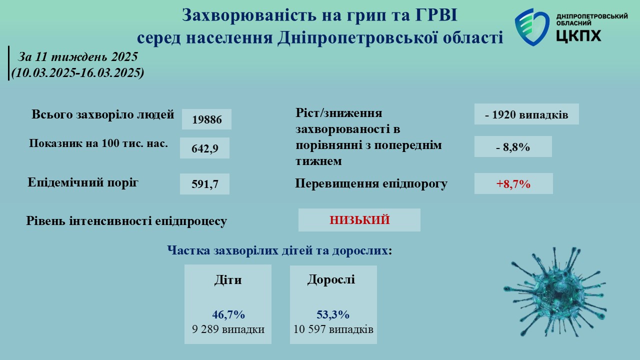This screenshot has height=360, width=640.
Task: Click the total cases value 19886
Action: (x=207, y=119)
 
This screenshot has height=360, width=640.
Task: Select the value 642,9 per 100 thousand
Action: (x=205, y=148)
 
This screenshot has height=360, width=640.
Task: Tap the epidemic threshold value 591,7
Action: (x=205, y=184)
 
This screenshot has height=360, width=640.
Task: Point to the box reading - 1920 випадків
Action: (x=526, y=114)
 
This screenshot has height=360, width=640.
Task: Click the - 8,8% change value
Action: (x=513, y=147)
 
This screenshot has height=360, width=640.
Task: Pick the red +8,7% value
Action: (x=513, y=183)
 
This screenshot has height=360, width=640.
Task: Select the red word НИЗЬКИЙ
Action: (x=359, y=220)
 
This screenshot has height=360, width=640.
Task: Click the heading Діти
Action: (x=228, y=279)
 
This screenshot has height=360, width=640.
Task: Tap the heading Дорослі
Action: (x=331, y=279)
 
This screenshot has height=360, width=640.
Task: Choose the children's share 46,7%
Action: (x=228, y=314)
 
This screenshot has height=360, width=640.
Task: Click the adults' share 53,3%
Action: (x=333, y=314)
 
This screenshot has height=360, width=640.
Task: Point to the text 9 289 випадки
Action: (x=228, y=329)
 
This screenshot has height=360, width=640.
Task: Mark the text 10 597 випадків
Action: (x=333, y=329)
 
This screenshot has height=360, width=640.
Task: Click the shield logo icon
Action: (x=532, y=27)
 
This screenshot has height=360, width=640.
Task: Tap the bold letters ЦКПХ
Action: (x=578, y=35)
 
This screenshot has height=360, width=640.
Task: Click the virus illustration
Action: (x=554, y=292)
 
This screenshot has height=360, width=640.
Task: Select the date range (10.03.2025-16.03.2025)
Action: (x=77, y=72)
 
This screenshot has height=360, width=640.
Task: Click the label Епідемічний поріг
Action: (x=83, y=182)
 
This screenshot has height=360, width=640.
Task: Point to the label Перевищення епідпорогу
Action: (x=371, y=183)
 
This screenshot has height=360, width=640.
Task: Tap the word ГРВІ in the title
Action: (x=436, y=15)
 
